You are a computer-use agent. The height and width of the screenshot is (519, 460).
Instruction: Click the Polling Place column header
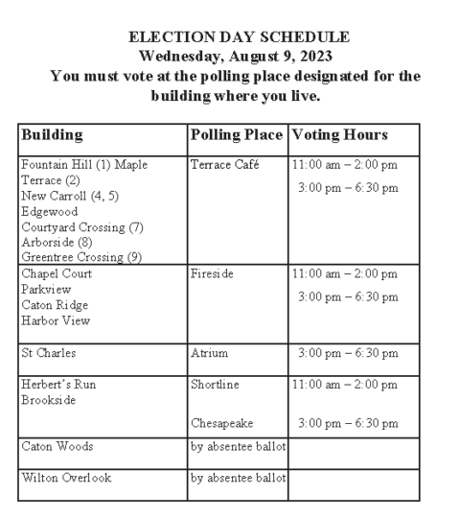[237, 134]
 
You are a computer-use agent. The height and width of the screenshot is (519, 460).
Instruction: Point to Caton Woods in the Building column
[55, 446]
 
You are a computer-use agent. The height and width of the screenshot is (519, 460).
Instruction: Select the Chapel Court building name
[55, 272]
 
